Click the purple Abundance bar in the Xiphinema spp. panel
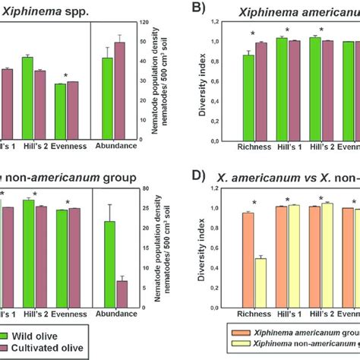pyautogui.click(x=119, y=90)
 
